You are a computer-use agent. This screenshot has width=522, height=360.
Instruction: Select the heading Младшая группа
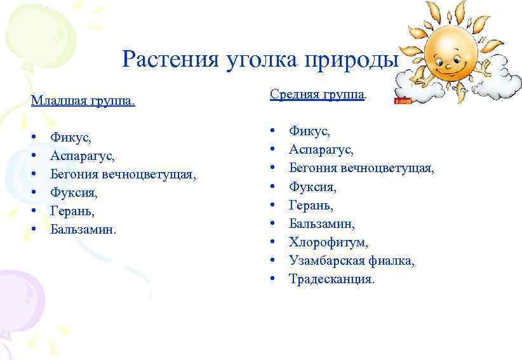tap(83, 102)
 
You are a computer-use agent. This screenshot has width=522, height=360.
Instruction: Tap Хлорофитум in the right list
tap(328, 242)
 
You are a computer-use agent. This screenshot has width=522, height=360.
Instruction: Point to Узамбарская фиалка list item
tap(352, 260)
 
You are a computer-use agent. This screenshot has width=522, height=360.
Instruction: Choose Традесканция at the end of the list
tap(332, 279)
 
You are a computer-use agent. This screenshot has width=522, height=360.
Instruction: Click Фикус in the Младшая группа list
tap(70, 137)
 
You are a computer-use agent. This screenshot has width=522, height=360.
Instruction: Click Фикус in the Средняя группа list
tap(309, 131)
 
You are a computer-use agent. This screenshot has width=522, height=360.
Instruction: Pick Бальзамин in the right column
tap(322, 223)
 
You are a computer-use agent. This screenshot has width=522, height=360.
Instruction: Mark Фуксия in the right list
tap(312, 187)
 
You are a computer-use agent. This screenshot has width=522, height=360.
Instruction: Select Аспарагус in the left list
tap(83, 155)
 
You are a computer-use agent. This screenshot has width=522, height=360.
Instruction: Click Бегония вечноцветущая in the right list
tap(361, 168)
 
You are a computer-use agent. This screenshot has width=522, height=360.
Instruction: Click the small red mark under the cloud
tap(403, 100)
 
